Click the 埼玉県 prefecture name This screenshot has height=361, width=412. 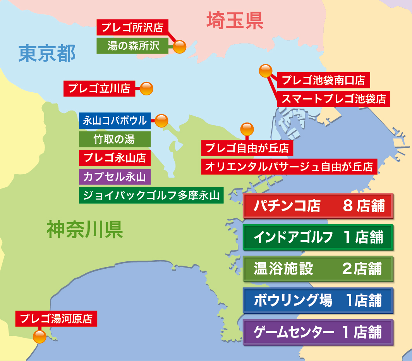click(x=235, y=21)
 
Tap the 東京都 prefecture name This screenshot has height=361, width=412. click(x=47, y=54)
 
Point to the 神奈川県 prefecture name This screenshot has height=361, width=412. click(x=85, y=230)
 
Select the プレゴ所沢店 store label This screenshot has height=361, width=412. click(x=132, y=28)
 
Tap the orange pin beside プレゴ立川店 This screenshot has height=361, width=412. click(x=146, y=89)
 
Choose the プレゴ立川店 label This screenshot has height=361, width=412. click(x=99, y=88)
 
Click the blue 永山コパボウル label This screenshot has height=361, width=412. click(x=115, y=121)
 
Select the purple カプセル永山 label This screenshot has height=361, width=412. click(x=115, y=177)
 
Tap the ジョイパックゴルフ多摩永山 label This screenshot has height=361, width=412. click(x=151, y=195)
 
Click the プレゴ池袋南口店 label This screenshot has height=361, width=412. click(x=323, y=80)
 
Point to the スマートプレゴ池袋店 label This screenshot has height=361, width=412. click(x=333, y=98)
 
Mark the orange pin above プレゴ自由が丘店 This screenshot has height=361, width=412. click(x=247, y=129)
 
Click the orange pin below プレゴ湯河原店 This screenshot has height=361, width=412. click(x=39, y=336)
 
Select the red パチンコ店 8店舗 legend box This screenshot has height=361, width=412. click(x=318, y=206)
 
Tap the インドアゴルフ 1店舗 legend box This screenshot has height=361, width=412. click(x=318, y=237)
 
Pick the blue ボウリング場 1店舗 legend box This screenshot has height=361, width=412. click(x=318, y=301)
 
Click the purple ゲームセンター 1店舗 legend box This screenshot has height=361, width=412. click(x=318, y=332)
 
